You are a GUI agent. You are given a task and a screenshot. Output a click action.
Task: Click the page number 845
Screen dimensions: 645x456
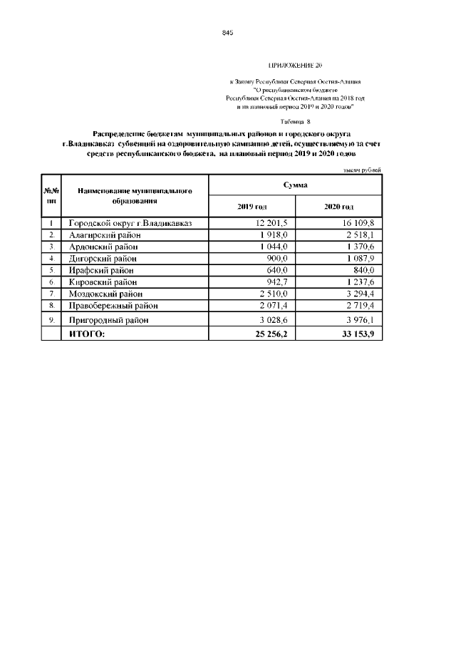coord(228,33)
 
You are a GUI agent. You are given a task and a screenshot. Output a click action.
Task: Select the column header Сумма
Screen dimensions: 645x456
coord(295,185)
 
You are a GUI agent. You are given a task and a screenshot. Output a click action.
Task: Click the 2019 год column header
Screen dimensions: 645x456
coord(252,206)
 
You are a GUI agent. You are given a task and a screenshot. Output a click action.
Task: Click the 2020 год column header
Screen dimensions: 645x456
coord(338,206)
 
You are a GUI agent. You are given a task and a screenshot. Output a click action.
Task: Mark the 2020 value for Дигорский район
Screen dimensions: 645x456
coord(361,258)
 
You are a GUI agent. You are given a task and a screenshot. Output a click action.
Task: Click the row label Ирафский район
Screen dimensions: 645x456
coord(100,270)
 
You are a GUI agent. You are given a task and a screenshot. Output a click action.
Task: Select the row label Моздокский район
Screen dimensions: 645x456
coord(105,293)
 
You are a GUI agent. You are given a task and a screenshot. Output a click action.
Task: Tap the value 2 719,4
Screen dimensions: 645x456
coord(361,305)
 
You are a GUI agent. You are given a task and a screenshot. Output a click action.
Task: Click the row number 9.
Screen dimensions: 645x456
coord(51,320)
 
